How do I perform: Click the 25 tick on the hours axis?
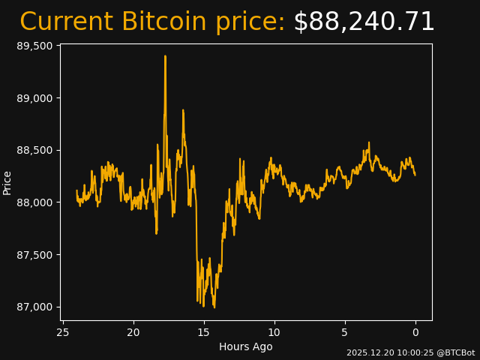(x=63, y=332)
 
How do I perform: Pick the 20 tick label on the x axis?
(x=133, y=332)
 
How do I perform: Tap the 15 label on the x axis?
(x=204, y=332)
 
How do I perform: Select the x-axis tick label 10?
(x=274, y=332)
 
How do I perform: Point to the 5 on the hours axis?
(x=345, y=332)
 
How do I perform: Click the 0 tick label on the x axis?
(x=415, y=332)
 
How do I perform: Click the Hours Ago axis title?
(x=246, y=346)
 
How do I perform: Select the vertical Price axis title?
(x=7, y=182)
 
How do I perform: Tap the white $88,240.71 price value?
(x=364, y=22)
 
